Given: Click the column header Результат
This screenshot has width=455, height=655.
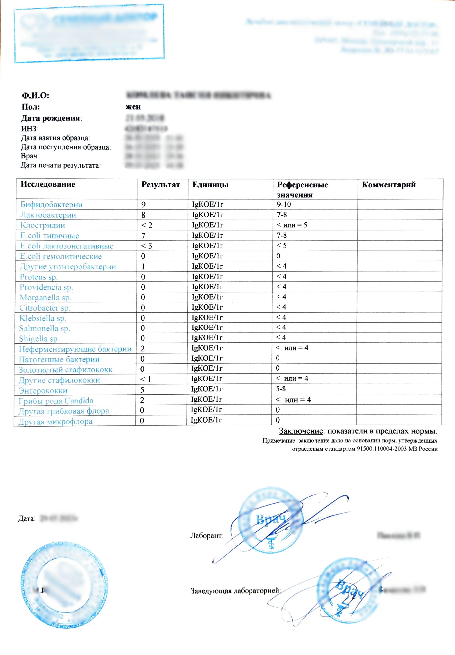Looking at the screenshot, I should [x=161, y=185].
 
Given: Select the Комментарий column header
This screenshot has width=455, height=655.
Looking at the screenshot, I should [x=388, y=185].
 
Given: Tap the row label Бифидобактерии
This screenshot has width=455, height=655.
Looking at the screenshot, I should [x=51, y=204].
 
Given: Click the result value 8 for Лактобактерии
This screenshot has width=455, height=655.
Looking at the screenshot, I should [x=143, y=215].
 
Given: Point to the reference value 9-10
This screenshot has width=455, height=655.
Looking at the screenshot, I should [x=284, y=204].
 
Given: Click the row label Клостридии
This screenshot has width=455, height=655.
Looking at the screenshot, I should [x=43, y=225].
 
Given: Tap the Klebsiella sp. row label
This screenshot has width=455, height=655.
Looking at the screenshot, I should [x=42, y=318].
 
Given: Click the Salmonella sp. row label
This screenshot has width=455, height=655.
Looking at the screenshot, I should [x=44, y=328].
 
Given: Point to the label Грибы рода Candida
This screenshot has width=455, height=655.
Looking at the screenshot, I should [x=56, y=401].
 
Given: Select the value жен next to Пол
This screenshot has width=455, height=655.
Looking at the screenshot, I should [x=133, y=107].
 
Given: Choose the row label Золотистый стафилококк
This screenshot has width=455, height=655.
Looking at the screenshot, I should [x=65, y=370].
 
